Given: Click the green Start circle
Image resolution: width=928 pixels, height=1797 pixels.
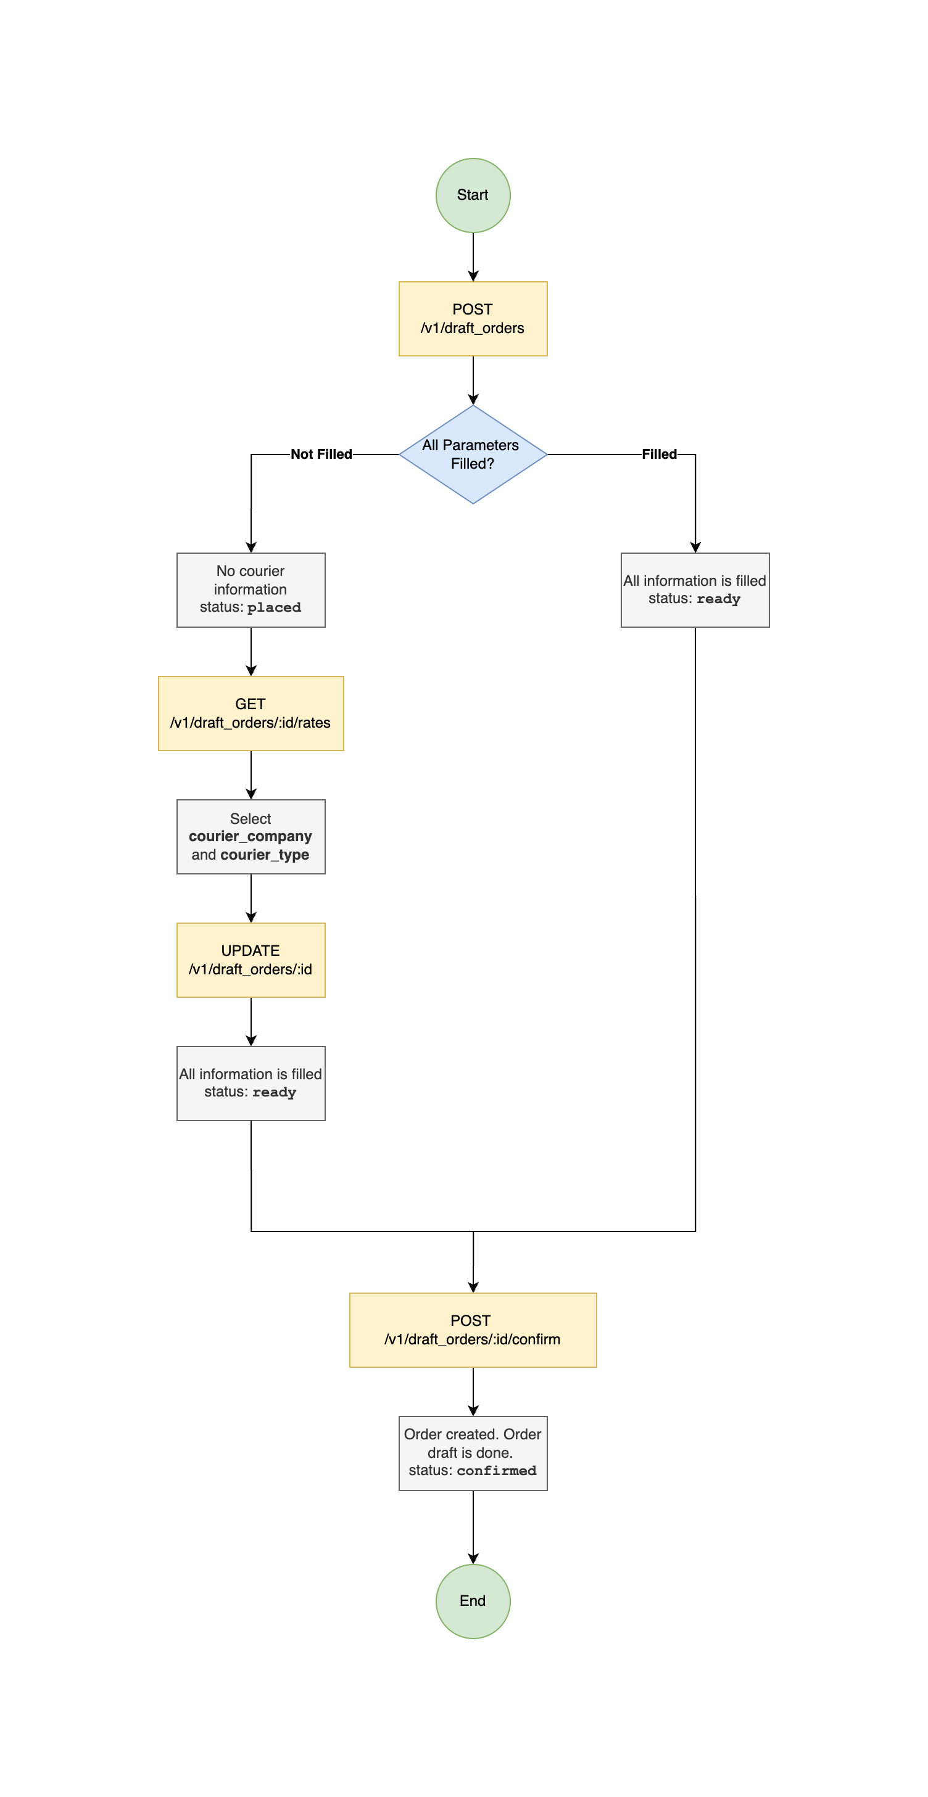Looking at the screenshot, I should click(473, 195).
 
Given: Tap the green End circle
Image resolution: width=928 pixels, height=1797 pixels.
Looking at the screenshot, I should click(473, 1600).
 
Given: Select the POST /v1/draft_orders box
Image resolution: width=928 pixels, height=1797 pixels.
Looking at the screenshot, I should click(473, 319).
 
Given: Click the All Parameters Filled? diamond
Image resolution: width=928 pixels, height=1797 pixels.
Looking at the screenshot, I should click(473, 454).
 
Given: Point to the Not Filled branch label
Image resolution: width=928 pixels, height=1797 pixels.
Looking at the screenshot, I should click(321, 454).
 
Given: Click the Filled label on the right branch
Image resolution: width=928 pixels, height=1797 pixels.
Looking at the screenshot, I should click(659, 454).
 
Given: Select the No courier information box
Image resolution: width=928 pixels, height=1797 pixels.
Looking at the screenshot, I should click(251, 590).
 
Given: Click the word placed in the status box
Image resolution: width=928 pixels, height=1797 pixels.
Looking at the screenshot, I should click(273, 607).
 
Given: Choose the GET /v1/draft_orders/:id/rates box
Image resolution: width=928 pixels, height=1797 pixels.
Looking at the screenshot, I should click(251, 713).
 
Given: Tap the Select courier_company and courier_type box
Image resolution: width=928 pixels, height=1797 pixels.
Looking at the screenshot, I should click(251, 836).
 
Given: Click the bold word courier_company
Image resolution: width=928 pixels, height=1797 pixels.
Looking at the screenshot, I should click(250, 836).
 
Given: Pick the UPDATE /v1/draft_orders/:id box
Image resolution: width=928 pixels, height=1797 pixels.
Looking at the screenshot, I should click(251, 960).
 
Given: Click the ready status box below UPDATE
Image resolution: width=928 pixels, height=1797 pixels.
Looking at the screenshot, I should click(251, 1083).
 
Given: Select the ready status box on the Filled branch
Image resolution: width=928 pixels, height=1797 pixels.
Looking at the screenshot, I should click(694, 590).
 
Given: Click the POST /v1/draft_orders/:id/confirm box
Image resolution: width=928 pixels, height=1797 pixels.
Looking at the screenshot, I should click(473, 1330).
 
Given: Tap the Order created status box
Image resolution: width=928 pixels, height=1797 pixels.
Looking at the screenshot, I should click(473, 1452).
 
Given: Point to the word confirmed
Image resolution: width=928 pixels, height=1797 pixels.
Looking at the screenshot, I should click(496, 1471).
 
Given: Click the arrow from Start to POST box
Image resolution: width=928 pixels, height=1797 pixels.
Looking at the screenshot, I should click(473, 257).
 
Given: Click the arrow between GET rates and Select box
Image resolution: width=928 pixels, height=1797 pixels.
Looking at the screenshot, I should click(251, 775).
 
